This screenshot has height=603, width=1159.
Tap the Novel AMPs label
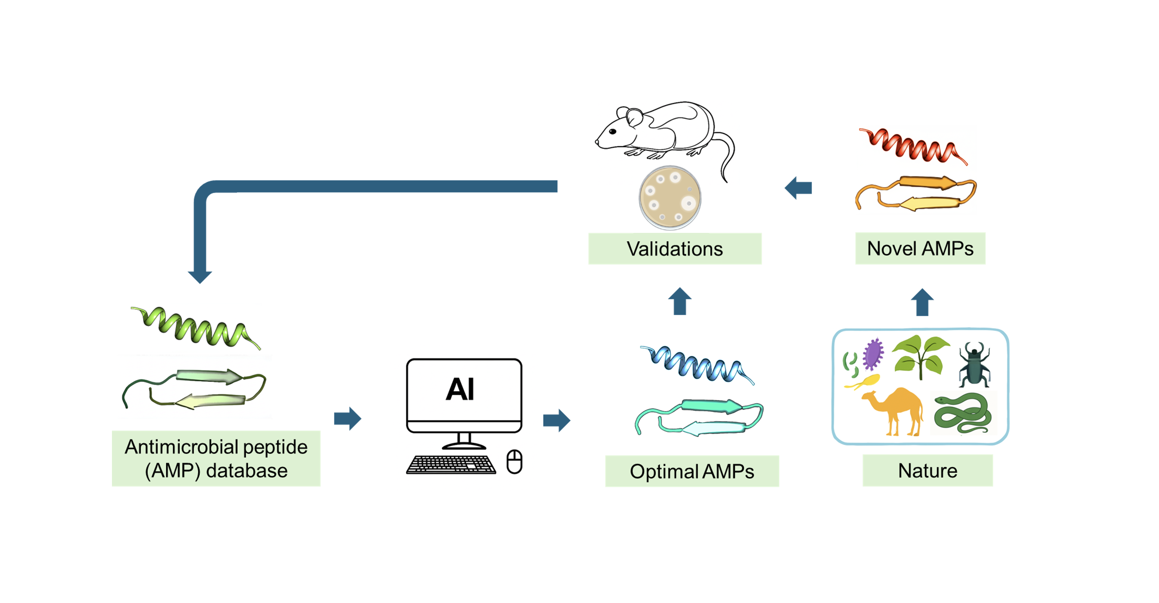tap(920, 248)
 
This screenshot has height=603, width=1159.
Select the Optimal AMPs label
tap(691, 471)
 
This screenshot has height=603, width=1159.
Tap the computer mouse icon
tap(514, 462)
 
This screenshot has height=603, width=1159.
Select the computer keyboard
tap(451, 464)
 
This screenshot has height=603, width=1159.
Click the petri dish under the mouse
tap(670, 198)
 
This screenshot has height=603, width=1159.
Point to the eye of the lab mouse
tap(612, 132)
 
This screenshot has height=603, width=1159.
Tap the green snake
tap(963, 412)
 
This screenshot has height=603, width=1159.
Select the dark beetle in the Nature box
tap(974, 364)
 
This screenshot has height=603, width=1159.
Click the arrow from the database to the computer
tap(347, 418)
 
